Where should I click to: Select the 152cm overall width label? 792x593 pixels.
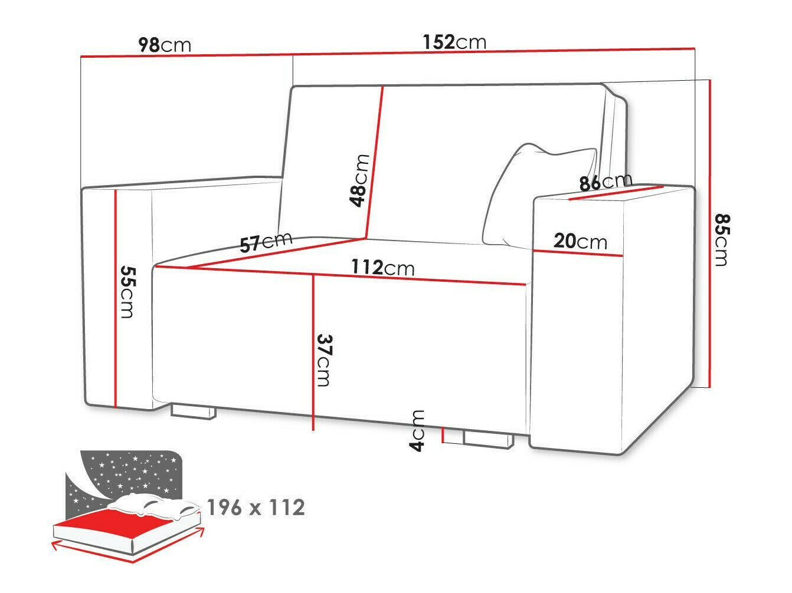pos(454,42)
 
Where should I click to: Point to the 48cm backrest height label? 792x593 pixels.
pos(359,180)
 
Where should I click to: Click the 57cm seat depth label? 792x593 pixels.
pos(266,242)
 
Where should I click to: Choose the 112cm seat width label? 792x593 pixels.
pos(383,268)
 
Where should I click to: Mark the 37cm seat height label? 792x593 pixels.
pos(323,360)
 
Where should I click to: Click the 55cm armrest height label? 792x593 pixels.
pos(127,291)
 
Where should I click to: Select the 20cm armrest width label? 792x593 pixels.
pos(580,241)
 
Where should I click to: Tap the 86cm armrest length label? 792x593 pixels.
pos(605,182)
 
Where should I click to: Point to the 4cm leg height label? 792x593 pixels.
pos(417,431)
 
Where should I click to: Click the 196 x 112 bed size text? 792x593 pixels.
pos(256,507)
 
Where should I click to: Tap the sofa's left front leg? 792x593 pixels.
pos(192,411)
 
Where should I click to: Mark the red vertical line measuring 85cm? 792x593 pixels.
pos(710,236)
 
